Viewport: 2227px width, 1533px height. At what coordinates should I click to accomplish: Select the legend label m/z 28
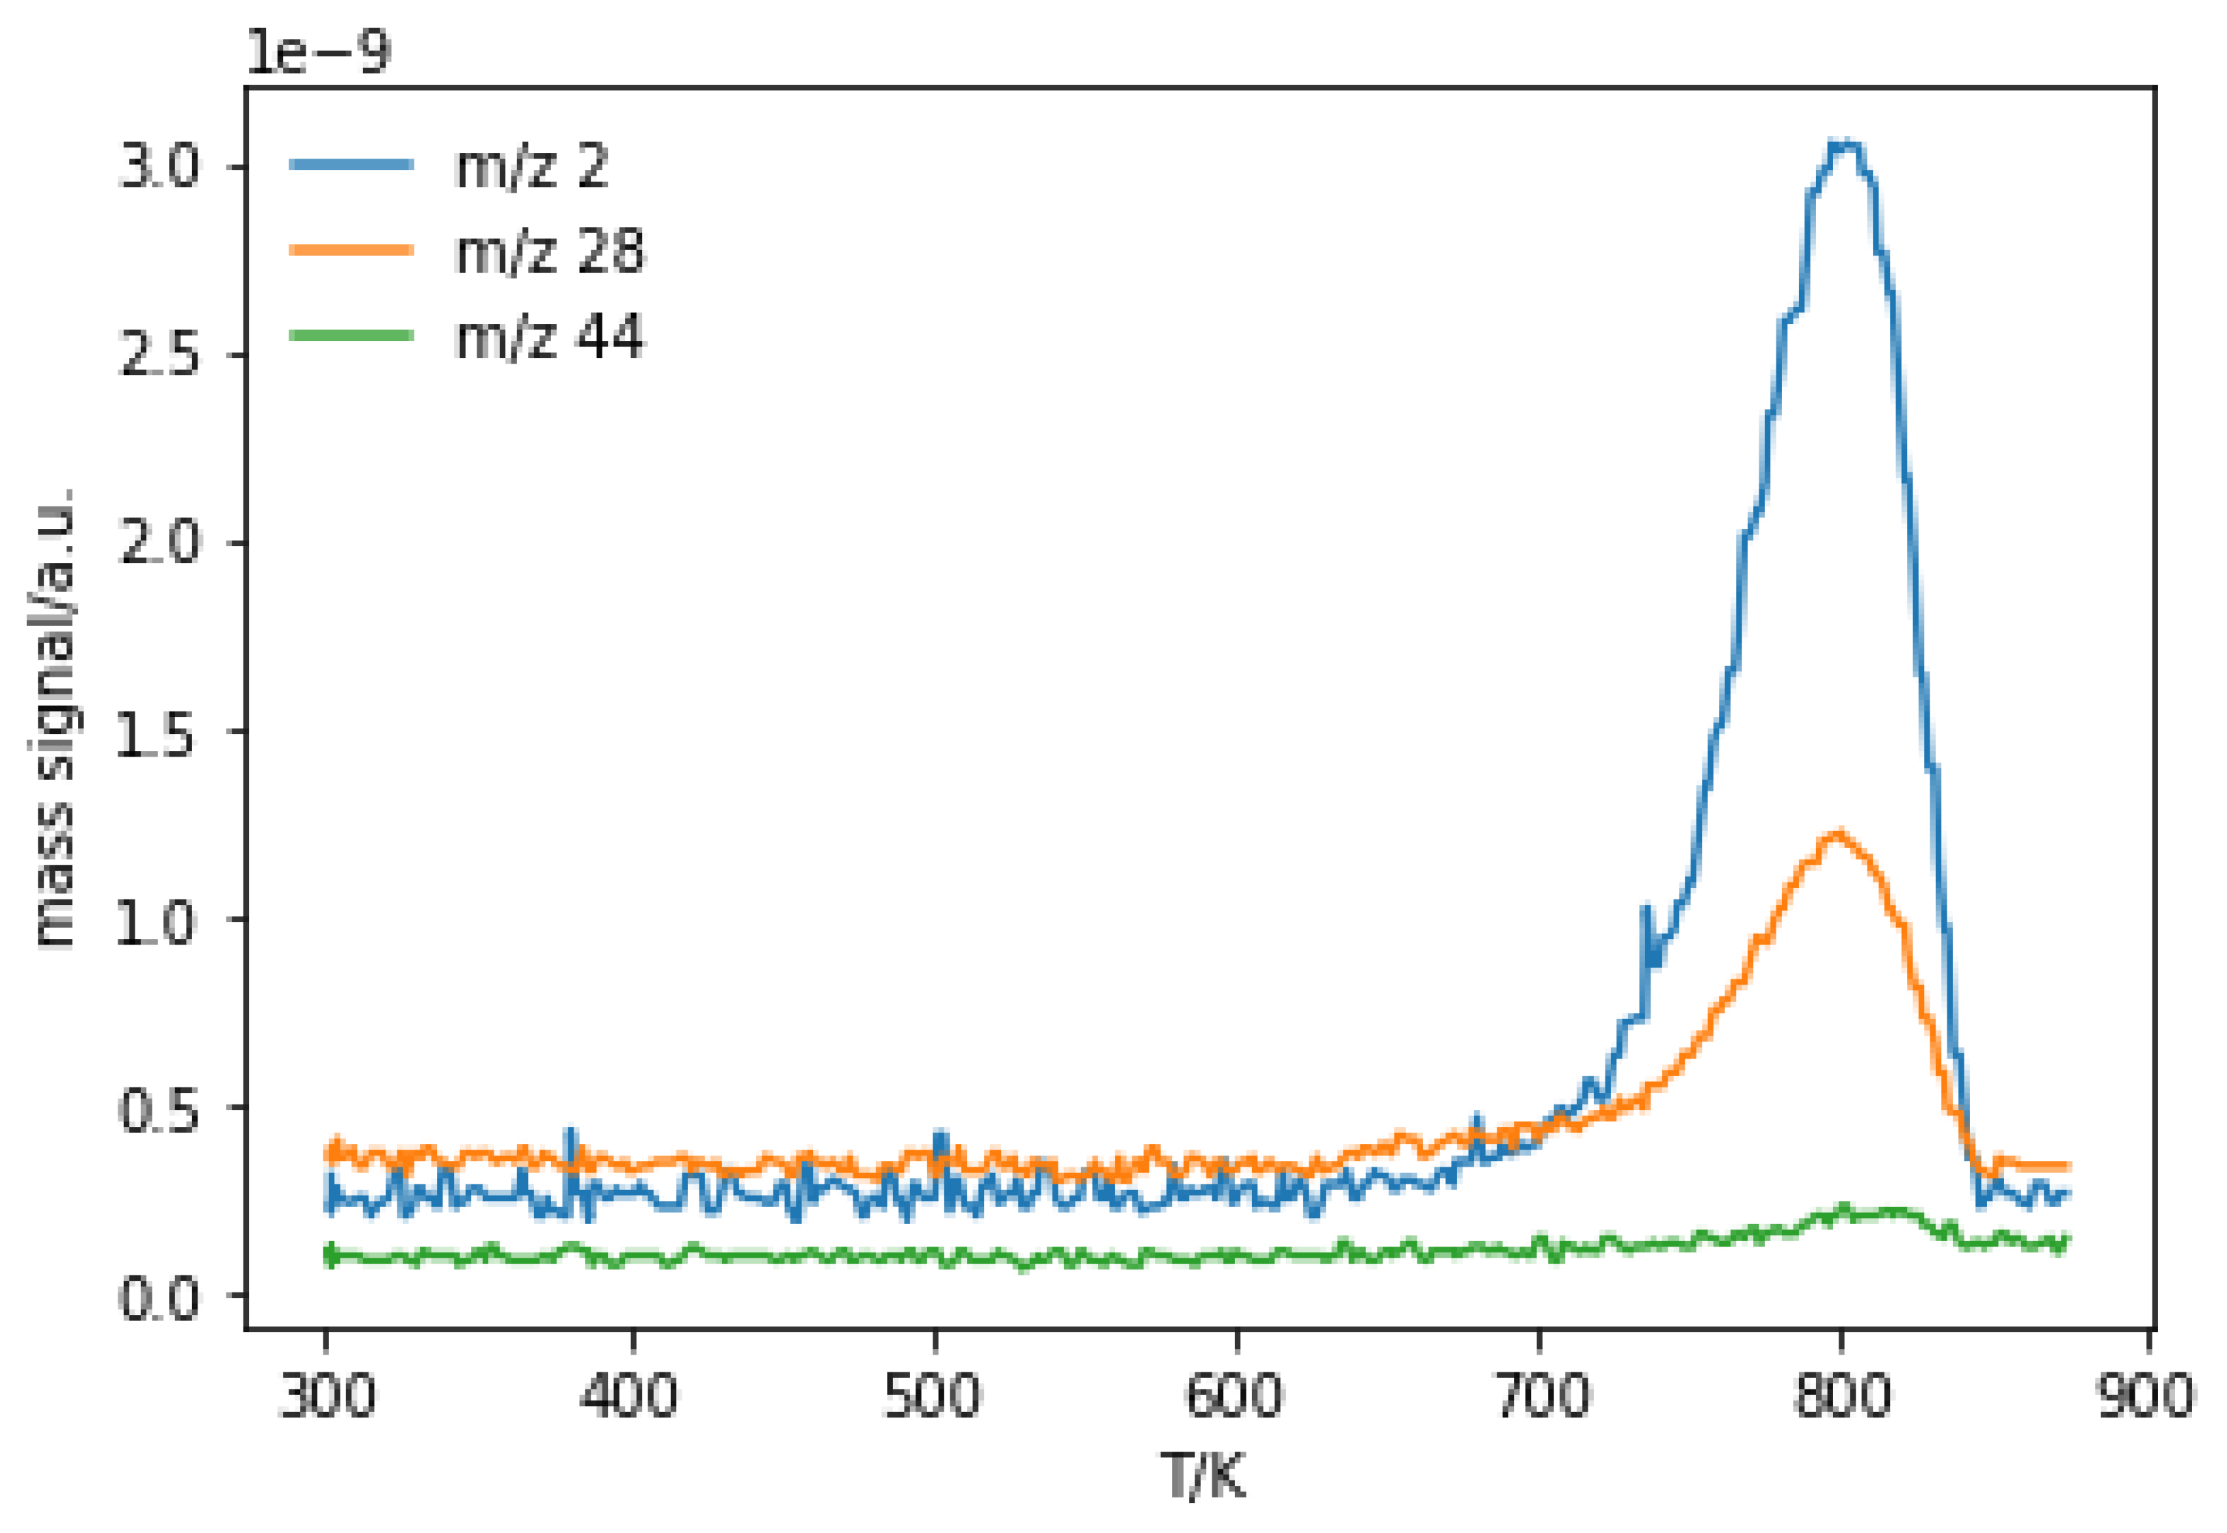tap(550, 252)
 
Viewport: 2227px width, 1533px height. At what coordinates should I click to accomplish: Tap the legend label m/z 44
tap(550, 337)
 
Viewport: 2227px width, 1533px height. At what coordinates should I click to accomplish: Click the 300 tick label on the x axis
tap(327, 1396)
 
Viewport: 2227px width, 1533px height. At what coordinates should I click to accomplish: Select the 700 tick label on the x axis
tap(1540, 1396)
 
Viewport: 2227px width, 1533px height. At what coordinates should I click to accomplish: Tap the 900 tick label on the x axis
tap(2146, 1396)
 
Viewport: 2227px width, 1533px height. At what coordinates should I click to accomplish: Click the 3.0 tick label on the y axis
tap(159, 168)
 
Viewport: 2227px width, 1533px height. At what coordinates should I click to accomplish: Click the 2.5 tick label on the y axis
tap(159, 356)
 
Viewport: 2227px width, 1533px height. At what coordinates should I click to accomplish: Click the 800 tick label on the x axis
tap(1842, 1396)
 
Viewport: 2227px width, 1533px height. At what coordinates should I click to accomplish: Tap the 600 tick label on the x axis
tap(1236, 1396)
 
